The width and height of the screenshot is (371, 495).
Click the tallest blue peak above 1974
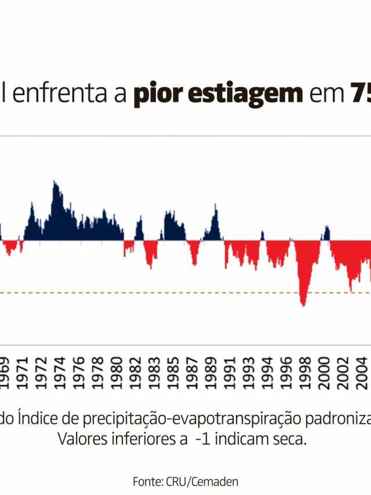(x=54, y=183)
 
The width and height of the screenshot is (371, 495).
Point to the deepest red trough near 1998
(x=303, y=304)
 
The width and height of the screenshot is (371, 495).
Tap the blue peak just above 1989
(x=216, y=206)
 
